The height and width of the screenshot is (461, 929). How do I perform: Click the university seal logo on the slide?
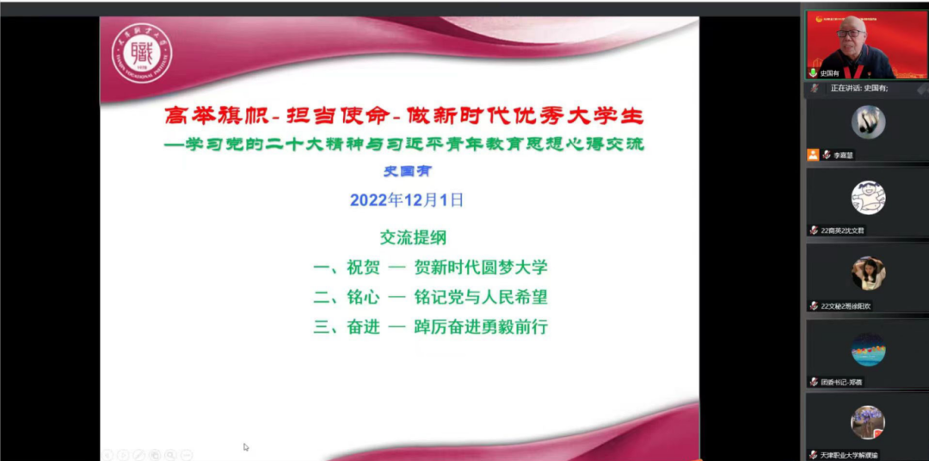(142, 52)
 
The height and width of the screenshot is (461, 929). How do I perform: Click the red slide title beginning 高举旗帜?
(403, 116)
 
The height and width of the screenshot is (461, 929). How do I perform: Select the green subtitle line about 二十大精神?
(403, 144)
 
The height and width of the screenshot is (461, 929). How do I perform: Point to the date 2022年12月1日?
(407, 200)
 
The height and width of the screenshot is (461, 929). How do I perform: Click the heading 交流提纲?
(413, 237)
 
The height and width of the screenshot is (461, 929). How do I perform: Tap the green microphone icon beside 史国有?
(812, 73)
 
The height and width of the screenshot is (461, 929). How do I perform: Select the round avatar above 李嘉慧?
(868, 121)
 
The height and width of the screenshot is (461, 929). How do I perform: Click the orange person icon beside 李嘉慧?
(813, 155)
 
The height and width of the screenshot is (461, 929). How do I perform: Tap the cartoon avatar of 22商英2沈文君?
(868, 197)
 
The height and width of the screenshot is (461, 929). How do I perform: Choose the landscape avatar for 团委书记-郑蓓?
(868, 349)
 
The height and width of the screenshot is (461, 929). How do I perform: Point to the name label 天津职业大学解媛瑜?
(848, 454)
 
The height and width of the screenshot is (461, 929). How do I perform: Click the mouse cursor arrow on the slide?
(246, 446)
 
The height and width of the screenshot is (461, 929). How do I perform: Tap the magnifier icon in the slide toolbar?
(169, 454)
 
